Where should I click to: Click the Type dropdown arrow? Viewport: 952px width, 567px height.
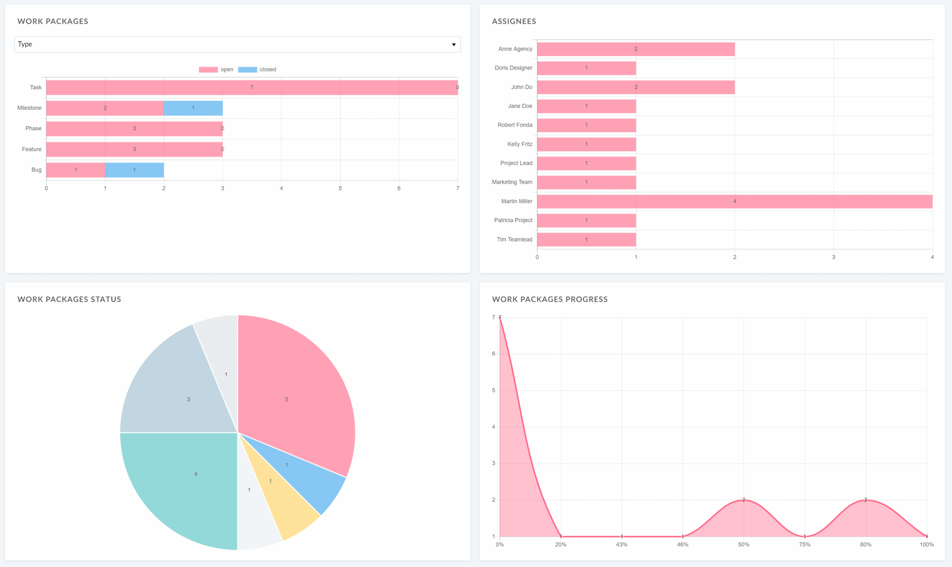454,45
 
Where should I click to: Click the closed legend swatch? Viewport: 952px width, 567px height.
247,69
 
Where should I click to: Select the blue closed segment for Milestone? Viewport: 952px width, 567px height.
193,108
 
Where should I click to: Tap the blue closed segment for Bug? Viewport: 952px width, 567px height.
134,170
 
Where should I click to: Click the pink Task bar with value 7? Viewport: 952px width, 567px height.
252,88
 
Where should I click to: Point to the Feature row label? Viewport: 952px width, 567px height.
31,149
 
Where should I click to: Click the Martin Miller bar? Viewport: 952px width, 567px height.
734,202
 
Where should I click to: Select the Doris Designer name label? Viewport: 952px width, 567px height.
513,68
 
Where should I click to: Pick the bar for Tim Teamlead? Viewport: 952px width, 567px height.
586,240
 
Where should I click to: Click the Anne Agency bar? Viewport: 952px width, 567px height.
635,49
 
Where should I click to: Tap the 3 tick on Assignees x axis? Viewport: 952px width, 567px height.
833,257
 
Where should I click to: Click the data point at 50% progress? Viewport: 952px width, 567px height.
744,500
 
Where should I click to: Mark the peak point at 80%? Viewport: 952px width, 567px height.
865,500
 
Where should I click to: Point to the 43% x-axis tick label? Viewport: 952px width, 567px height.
622,545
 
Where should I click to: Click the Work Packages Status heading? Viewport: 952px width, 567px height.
69,299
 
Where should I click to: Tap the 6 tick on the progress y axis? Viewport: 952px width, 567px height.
494,354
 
